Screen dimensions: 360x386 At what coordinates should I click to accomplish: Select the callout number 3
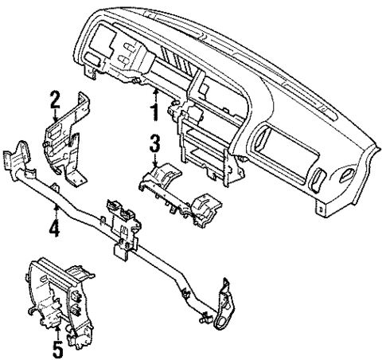pyautogui.click(x=155, y=143)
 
